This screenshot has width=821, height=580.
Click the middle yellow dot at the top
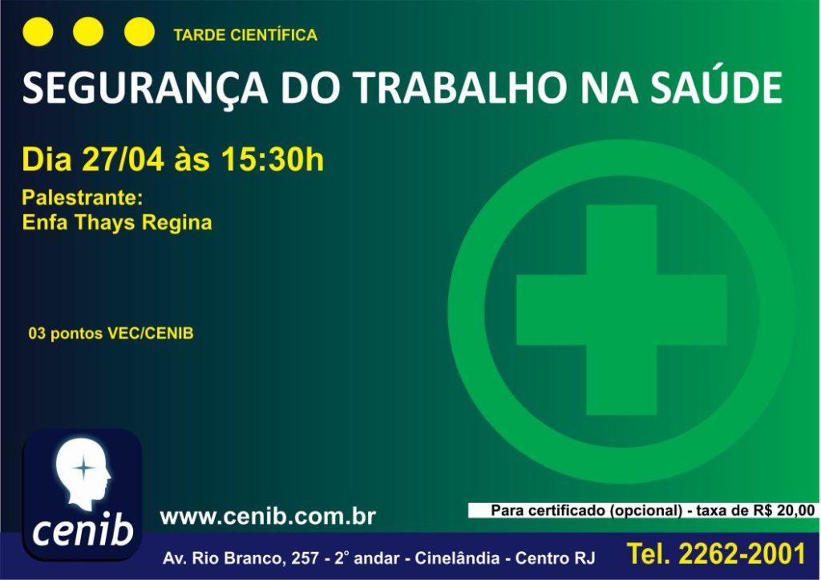[x=88, y=31]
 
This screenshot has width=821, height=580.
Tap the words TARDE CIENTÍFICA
[x=245, y=34]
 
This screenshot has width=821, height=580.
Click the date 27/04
[x=123, y=159]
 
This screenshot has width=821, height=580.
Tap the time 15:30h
[x=273, y=159]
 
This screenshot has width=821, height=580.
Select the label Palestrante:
[x=83, y=197]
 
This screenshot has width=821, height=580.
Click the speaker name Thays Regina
[x=143, y=223]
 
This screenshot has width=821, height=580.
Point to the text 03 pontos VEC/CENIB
[x=111, y=333]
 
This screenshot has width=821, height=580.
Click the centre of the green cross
[x=621, y=310]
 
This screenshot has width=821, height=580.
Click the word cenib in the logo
[x=83, y=529]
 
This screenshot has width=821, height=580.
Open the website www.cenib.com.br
[x=268, y=517]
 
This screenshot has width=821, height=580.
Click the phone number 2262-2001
[x=742, y=554]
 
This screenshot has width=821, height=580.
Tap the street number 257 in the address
[x=305, y=558]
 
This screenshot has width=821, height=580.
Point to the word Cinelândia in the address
[x=457, y=558]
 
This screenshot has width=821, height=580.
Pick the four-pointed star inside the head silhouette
[x=83, y=468]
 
